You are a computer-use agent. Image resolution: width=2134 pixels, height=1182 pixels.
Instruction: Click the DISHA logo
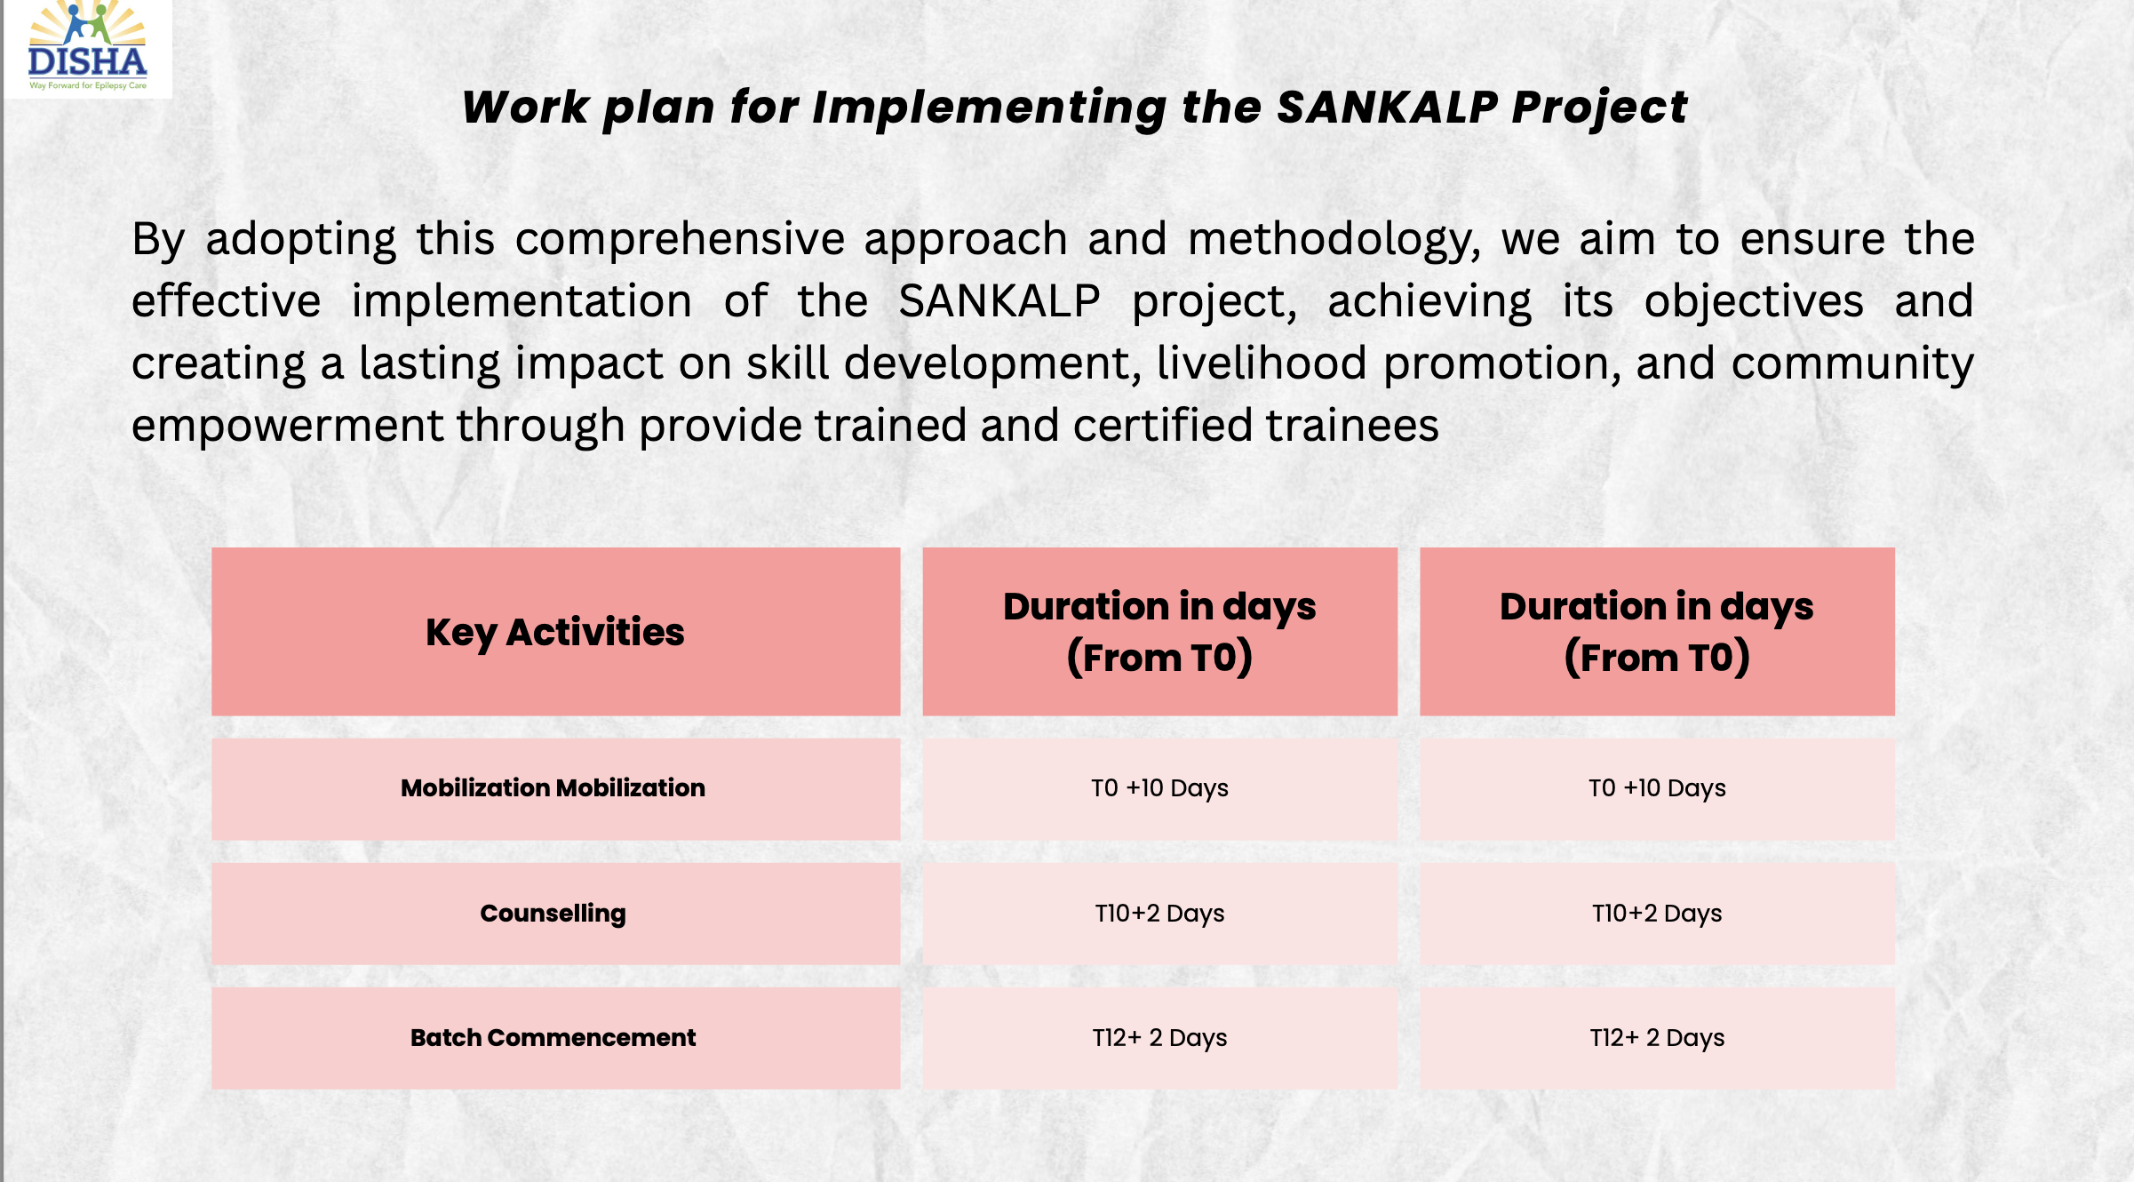[87, 46]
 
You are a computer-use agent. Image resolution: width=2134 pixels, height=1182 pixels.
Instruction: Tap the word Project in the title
[1598, 108]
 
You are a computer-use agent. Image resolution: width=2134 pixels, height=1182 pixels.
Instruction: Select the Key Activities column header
[555, 632]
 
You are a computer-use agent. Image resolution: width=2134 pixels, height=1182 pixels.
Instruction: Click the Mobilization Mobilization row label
[553, 788]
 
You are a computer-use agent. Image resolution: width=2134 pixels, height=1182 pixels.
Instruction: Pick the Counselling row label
[553, 914]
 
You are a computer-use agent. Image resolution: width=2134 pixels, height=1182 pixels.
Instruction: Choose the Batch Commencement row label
[553, 1038]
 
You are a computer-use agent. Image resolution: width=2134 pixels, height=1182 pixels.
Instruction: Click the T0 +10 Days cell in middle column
[1159, 788]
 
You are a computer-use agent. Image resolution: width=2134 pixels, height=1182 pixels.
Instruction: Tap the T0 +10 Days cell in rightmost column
[1657, 788]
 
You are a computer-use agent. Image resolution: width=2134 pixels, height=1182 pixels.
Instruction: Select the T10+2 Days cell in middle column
[1159, 914]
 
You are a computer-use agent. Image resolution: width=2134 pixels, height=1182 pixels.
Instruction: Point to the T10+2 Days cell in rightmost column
[1657, 914]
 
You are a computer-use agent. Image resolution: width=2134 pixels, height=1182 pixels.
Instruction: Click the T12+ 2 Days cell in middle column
[1159, 1038]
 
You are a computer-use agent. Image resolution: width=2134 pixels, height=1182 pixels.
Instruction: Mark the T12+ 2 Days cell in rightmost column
[1657, 1038]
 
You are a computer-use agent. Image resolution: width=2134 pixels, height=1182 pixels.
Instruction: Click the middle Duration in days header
[1159, 632]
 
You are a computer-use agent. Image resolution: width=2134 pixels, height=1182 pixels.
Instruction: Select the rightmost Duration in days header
[1657, 632]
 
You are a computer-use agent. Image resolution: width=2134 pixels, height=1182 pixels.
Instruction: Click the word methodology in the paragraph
[1333, 241]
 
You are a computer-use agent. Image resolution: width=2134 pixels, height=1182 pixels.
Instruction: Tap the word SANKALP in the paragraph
[999, 301]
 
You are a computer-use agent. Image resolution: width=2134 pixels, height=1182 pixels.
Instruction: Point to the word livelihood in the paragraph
[1261, 363]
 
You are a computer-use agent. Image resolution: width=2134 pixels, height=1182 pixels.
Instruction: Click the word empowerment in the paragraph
[287, 426]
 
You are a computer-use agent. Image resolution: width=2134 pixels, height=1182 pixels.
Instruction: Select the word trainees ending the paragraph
[1352, 426]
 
